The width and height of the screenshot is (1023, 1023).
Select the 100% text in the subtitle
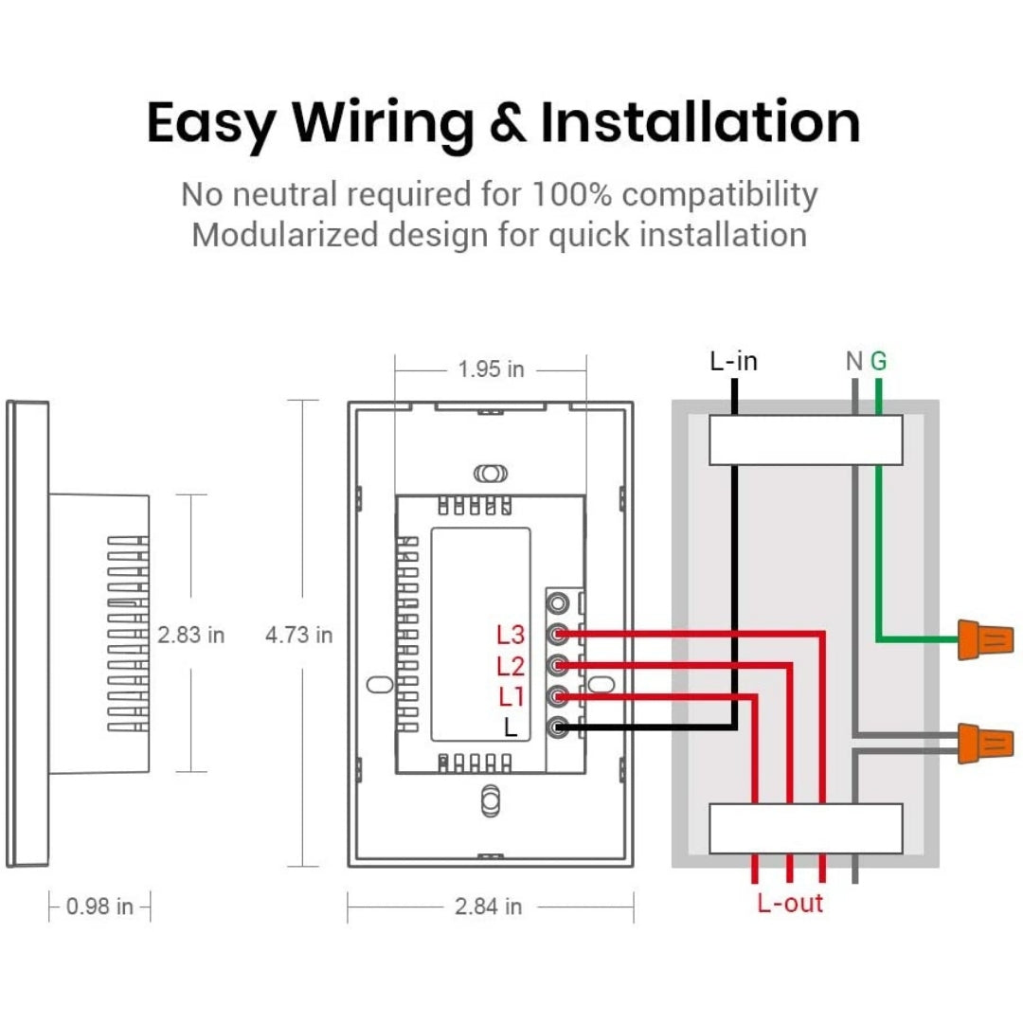[571, 194]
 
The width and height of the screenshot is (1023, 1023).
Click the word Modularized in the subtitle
[285, 235]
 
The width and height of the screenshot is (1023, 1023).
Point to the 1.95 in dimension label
[491, 369]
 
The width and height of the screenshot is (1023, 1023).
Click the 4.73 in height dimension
[298, 634]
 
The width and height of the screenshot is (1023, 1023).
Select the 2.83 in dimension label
[190, 634]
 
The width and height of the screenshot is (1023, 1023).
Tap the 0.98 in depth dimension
[99, 906]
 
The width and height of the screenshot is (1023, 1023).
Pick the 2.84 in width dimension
[488, 906]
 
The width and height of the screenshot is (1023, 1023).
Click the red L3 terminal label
[511, 634]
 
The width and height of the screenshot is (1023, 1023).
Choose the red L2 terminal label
[511, 666]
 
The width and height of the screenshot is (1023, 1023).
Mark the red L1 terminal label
[511, 697]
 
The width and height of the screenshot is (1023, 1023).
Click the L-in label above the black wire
[733, 361]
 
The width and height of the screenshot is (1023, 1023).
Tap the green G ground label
[879, 361]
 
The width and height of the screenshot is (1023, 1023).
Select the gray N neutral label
[854, 361]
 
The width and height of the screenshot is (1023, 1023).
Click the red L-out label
[790, 903]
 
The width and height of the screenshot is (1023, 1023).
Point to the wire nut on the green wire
[985, 639]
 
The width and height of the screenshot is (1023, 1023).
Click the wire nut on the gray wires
[985, 744]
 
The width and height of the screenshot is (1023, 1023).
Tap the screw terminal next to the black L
[558, 727]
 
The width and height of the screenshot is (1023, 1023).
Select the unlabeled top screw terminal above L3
[558, 602]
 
